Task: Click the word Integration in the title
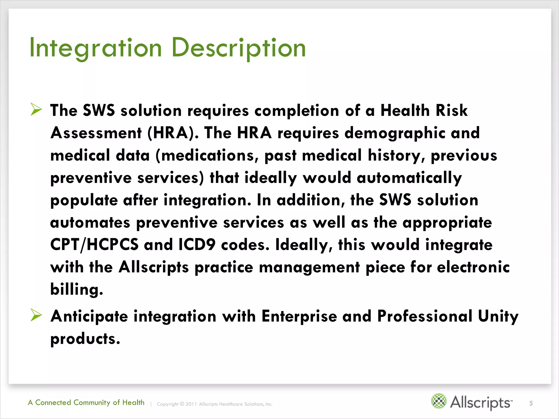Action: pyautogui.click(x=96, y=48)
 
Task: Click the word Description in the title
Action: pyautogui.click(x=239, y=48)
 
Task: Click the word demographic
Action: pyautogui.click(x=395, y=133)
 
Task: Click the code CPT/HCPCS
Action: pyautogui.click(x=94, y=244)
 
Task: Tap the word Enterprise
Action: pyautogui.click(x=299, y=316)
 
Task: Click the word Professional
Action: pyautogui.click(x=425, y=316)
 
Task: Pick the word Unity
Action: pyautogui.click(x=498, y=316)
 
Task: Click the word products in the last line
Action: pyautogui.click(x=85, y=339)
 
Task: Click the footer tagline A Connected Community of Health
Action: pyautogui.click(x=86, y=403)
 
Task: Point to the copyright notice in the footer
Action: pyautogui.click(x=215, y=404)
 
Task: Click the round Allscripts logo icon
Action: pyautogui.click(x=439, y=401)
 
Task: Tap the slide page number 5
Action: pyautogui.click(x=531, y=403)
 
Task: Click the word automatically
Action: pyautogui.click(x=409, y=178)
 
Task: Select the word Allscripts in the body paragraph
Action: pyautogui.click(x=153, y=267)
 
